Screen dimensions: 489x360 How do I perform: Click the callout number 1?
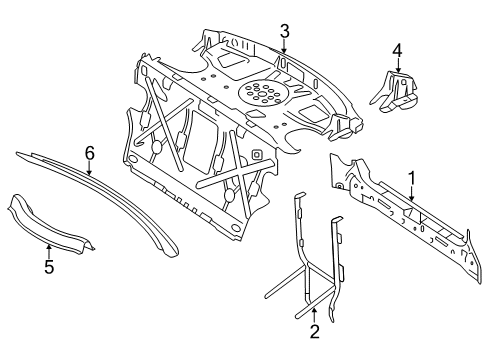(412, 178)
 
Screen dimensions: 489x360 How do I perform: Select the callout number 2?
(314, 331)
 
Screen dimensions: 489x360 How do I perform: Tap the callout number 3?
(284, 32)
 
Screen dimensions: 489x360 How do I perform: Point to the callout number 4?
(397, 51)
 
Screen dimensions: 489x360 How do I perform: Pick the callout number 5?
(49, 267)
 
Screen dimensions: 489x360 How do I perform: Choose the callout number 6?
(90, 153)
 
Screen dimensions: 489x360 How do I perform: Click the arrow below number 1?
(412, 193)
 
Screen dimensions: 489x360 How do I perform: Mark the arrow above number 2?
(314, 315)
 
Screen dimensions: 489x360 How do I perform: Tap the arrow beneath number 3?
(284, 46)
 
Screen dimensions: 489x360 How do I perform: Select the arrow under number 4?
(397, 66)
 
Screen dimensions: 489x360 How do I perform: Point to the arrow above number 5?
(49, 251)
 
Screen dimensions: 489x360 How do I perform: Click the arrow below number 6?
(89, 168)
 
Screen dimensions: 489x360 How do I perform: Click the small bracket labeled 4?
(394, 92)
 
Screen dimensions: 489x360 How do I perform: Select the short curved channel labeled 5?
(50, 227)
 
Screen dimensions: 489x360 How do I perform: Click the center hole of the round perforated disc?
(262, 93)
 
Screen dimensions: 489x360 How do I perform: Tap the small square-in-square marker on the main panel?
(256, 154)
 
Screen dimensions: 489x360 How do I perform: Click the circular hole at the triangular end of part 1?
(339, 186)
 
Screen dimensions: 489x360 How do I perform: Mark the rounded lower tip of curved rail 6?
(172, 252)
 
